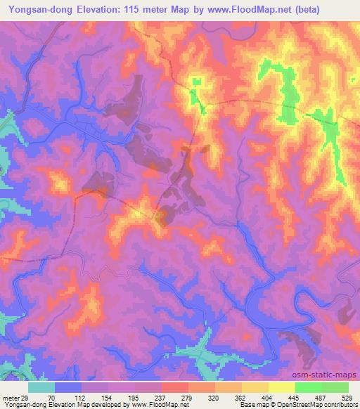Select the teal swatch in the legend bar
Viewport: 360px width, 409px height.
click(x=41, y=388)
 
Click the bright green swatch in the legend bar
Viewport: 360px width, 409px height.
click(x=309, y=388)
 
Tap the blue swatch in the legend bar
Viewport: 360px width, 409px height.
click(x=68, y=388)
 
